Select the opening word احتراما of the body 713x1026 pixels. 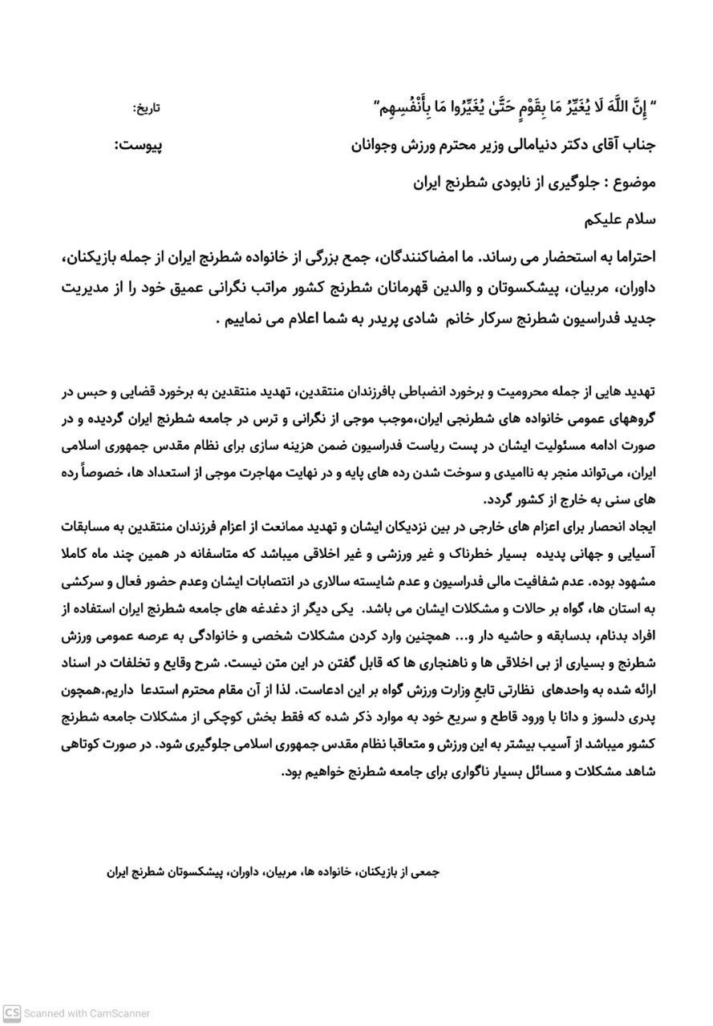631,259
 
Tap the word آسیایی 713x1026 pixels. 637,554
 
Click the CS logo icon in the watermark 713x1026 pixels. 11,1013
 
